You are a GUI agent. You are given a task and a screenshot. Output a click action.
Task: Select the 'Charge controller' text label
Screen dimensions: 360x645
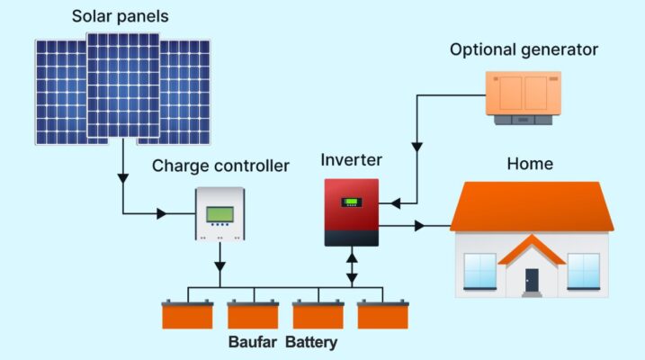[x=220, y=166]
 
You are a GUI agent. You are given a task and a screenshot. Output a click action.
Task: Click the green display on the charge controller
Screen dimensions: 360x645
[x=220, y=214]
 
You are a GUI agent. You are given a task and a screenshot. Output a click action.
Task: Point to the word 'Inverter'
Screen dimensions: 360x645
[x=352, y=160]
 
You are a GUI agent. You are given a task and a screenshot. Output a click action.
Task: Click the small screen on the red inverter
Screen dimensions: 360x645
[x=353, y=202]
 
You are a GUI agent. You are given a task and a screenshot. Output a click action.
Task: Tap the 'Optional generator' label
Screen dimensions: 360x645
[x=524, y=49]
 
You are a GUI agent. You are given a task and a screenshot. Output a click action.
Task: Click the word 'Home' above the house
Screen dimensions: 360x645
[x=530, y=164]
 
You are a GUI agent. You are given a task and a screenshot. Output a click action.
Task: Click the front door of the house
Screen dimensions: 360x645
[x=532, y=280]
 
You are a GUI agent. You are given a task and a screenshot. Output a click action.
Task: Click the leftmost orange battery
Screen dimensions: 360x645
[x=188, y=315]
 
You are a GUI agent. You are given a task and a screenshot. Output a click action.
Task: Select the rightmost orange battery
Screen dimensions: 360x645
[x=383, y=315]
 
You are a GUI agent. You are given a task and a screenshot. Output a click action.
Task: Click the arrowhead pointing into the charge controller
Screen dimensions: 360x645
[x=162, y=214]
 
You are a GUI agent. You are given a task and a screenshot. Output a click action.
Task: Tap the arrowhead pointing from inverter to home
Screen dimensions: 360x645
[x=419, y=226]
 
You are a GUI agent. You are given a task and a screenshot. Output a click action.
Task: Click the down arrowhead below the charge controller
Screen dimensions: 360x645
[x=220, y=267]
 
